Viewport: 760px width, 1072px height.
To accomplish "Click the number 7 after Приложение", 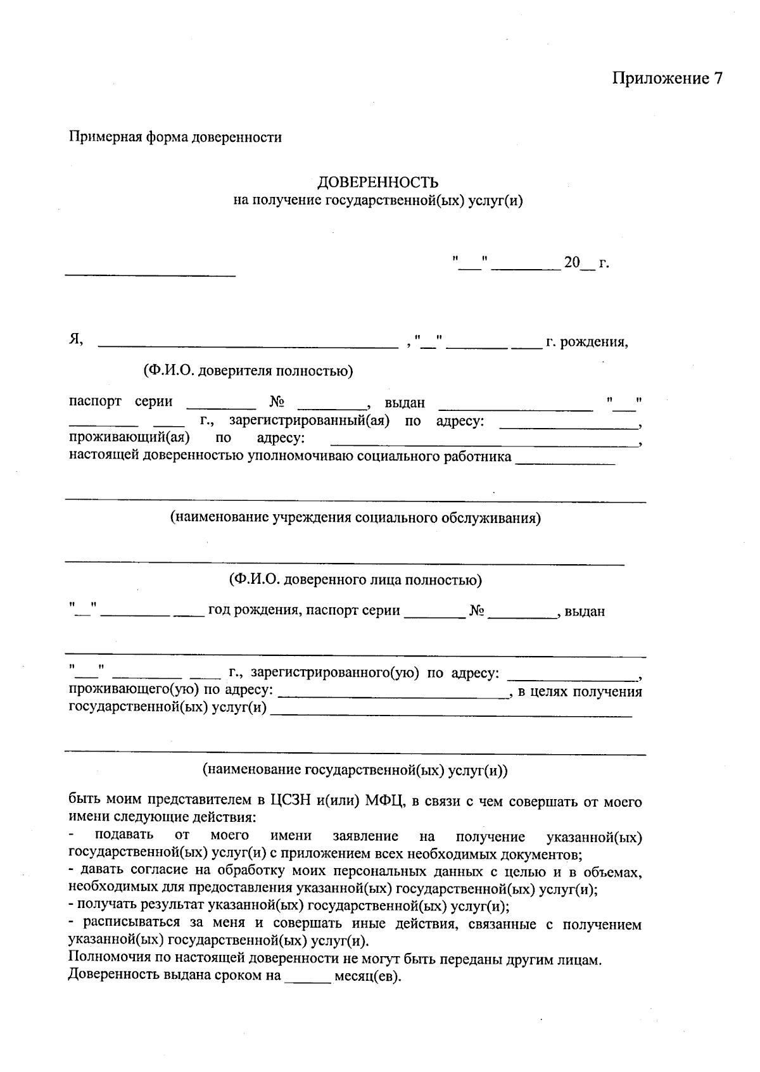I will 717,79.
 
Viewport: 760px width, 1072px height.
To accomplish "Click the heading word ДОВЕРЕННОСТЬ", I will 377,183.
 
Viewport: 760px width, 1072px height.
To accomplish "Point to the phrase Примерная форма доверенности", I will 175,137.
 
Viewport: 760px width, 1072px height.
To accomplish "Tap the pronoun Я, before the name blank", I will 76,340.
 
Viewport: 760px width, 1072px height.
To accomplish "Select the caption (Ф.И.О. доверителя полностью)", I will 248,371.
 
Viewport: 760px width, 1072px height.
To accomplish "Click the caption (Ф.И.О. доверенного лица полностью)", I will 355,579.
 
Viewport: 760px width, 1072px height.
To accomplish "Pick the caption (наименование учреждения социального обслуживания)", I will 355,518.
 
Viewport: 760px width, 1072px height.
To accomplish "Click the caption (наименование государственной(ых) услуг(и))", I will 355,770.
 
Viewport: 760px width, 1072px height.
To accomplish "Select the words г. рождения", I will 586,343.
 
